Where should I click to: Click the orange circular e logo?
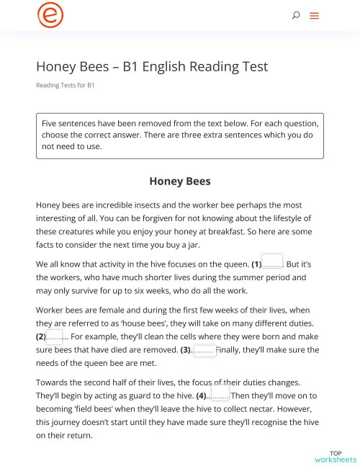tap(50, 15)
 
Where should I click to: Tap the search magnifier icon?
tap(296, 15)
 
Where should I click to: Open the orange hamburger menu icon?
tap(314, 15)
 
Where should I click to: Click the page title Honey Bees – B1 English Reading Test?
tap(152, 66)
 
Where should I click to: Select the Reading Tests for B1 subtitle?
tap(65, 86)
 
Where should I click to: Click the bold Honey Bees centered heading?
tap(179, 182)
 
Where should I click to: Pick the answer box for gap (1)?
tap(272, 261)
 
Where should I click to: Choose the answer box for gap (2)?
tap(55, 336)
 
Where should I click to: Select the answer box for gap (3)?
tap(204, 350)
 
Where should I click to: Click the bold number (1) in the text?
tap(256, 264)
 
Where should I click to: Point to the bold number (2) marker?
tap(41, 337)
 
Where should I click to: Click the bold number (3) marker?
tap(186, 350)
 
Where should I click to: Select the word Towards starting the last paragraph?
tap(55, 382)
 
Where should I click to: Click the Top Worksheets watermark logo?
tap(335, 456)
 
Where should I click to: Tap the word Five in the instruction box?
tap(49, 123)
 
